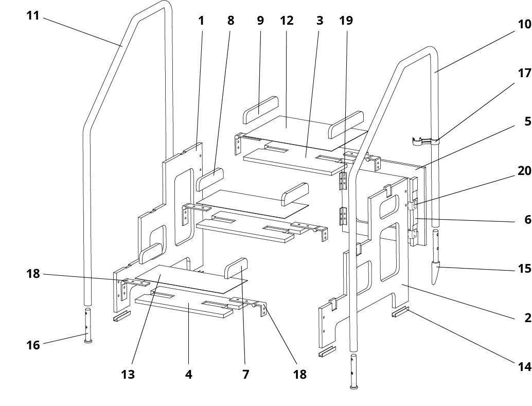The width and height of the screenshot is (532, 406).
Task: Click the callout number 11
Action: [33, 15]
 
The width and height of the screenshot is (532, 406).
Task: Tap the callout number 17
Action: [524, 73]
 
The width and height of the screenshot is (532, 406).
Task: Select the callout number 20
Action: [524, 171]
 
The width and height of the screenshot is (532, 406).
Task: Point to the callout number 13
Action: [128, 375]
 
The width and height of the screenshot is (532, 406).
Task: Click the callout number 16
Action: [33, 345]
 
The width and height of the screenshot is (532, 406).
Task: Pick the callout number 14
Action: [524, 366]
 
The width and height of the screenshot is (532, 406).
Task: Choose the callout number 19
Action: [346, 21]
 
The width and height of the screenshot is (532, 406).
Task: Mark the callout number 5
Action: [527, 121]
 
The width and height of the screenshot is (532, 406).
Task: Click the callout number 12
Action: [287, 21]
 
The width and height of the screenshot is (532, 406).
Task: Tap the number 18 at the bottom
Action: [300, 375]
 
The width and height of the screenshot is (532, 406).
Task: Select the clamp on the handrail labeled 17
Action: [425, 141]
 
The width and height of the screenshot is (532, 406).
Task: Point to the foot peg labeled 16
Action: [88, 326]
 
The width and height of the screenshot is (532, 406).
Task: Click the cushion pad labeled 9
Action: [260, 110]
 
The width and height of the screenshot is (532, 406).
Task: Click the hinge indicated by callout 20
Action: [413, 205]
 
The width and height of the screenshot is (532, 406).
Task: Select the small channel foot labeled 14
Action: [400, 312]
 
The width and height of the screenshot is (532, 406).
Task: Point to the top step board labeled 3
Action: [294, 160]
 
